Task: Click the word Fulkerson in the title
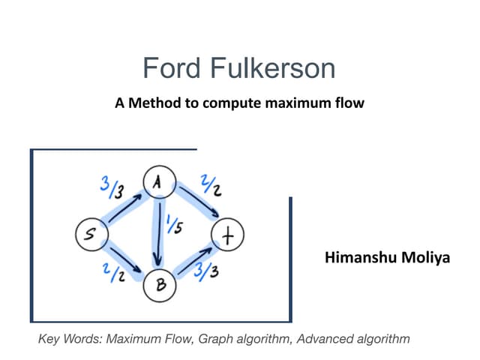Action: [271, 69]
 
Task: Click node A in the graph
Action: [158, 181]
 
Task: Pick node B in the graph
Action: [160, 285]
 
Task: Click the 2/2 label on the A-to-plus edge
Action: [208, 184]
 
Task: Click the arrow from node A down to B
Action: [158, 232]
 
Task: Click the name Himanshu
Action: [359, 258]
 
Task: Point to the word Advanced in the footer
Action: [323, 339]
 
